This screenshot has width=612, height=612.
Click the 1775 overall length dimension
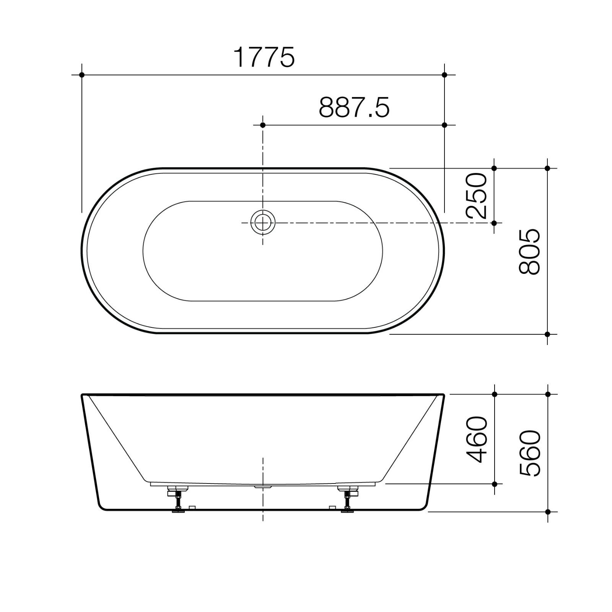pos(264,57)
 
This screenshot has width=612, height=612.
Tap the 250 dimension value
pos(477,195)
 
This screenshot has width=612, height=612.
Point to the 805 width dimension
pos(530,251)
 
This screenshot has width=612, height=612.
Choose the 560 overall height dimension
pos(530,453)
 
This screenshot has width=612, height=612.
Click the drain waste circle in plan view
pos(262,222)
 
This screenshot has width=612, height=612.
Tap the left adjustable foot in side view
pos(177,499)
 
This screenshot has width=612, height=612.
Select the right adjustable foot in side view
pos(347,499)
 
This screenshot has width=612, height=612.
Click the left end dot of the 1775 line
pos(81,75)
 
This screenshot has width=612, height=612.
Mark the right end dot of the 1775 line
pos(444,75)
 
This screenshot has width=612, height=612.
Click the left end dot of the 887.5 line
pos(262,125)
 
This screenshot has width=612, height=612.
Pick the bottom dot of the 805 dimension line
pos(547,334)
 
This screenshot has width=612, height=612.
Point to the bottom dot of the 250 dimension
pos(494,223)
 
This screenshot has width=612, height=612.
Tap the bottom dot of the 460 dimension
pos(494,484)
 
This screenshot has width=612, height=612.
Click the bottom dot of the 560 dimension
pos(547,511)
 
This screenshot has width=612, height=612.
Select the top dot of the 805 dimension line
pos(547,168)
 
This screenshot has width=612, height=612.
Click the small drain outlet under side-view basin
pos(263,487)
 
